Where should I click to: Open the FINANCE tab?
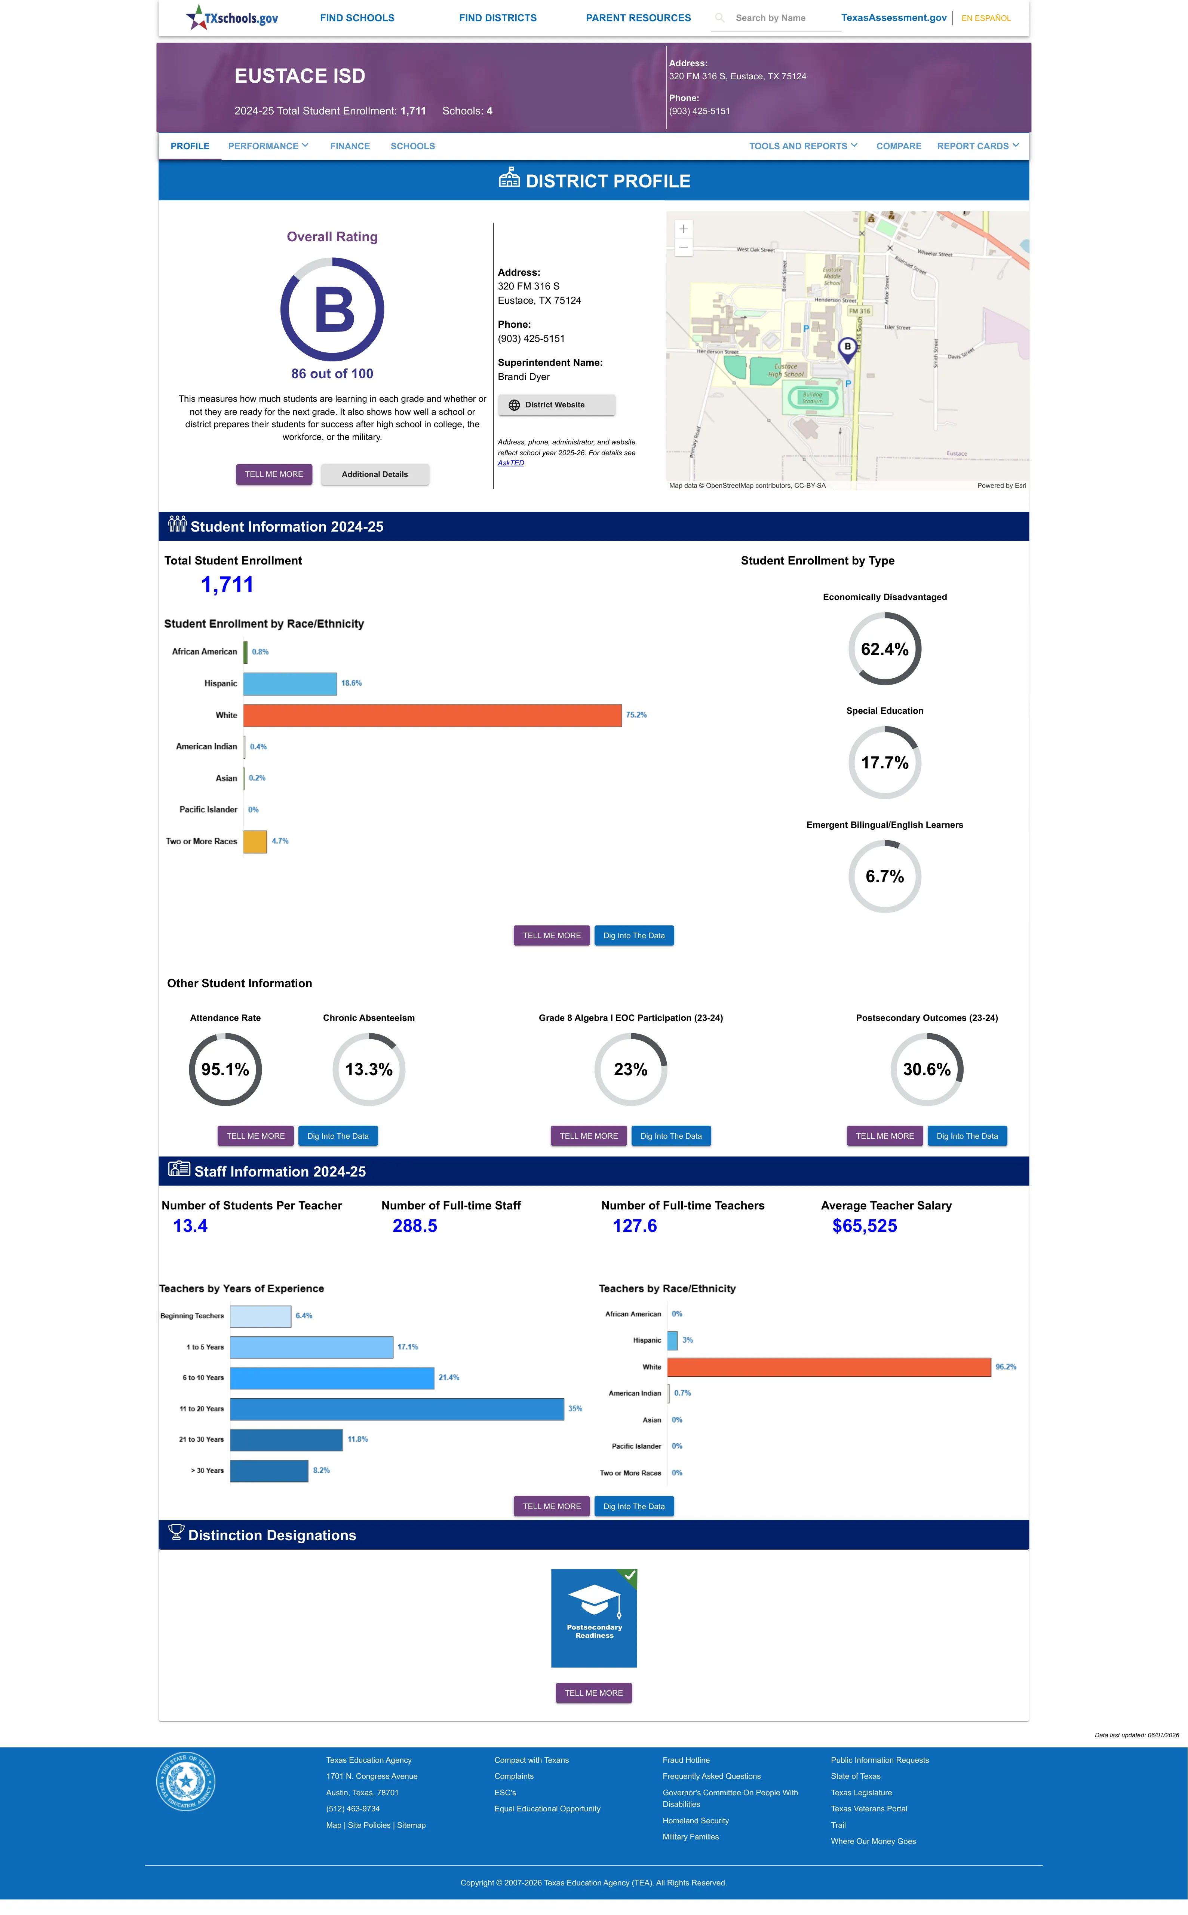tap(350, 146)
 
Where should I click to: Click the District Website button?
tap(556, 405)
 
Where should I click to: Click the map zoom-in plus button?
tap(684, 229)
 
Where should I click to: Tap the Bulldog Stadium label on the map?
tap(813, 398)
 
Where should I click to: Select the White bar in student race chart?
tap(432, 715)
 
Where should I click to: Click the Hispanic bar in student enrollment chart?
tap(290, 683)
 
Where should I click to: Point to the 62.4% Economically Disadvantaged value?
tap(885, 649)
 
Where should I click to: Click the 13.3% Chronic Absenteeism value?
tap(368, 1070)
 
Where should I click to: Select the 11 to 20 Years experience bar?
tap(397, 1409)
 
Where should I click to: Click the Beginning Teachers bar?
tap(260, 1316)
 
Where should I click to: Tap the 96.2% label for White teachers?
tap(1006, 1367)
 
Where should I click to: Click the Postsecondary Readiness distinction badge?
tap(594, 1618)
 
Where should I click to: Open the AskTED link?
tap(511, 463)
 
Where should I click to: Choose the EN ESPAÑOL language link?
tap(986, 18)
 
